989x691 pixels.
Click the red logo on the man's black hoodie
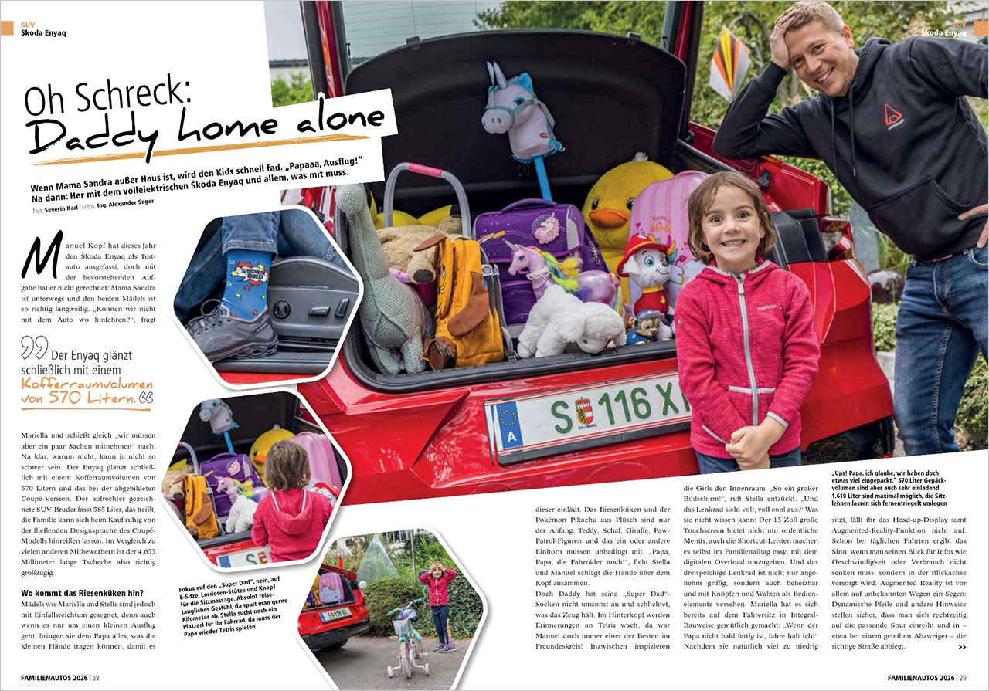(893, 115)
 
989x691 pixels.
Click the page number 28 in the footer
(95, 678)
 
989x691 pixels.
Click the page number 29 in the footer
(961, 678)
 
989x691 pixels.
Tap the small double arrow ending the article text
(961, 646)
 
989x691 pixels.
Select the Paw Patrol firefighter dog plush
(646, 271)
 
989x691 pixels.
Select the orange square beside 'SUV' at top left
(7, 29)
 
